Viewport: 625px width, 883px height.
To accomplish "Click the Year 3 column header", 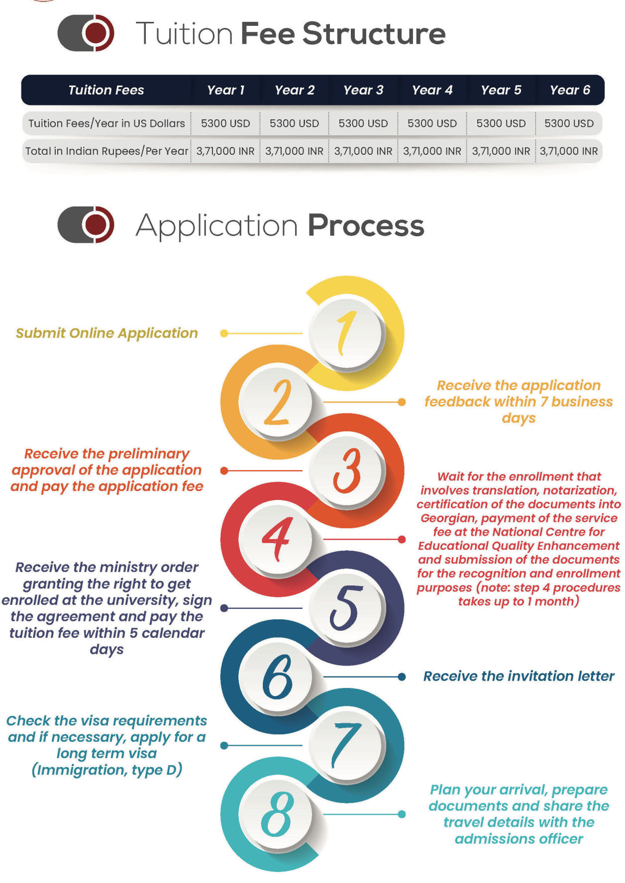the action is pos(363,90).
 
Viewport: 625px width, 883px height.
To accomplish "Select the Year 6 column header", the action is pos(570,90).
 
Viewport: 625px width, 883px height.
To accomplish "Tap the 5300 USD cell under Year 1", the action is pos(225,123).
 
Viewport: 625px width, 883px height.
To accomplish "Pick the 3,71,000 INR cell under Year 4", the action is pos(432,151).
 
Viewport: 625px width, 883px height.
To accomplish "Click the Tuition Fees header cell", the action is pos(106,90).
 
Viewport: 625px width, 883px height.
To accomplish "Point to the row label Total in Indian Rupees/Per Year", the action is pos(107,151).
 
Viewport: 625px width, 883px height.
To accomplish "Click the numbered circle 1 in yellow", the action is pos(346,333).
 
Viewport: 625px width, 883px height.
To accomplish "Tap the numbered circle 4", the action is pos(277,539).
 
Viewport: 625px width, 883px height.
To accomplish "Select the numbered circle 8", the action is pos(277,814).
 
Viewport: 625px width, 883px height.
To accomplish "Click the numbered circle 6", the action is pos(277,677).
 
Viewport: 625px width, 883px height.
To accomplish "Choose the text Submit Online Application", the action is pos(107,333).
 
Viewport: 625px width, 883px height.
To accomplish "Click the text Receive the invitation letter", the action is pos(519,676).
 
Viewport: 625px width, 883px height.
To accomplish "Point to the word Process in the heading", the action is pos(366,226).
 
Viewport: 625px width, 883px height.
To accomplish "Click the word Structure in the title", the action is pos(374,34).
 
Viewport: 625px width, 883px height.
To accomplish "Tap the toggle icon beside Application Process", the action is pos(86,224).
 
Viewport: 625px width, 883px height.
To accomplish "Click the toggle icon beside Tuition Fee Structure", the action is pos(86,33).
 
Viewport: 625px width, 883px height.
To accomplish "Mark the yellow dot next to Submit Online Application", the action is pos(224,333).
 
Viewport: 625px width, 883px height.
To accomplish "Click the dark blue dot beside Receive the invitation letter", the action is pos(402,677).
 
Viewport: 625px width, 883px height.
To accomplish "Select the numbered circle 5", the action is pos(346,608).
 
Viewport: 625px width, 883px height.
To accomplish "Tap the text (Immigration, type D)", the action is pos(107,770).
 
